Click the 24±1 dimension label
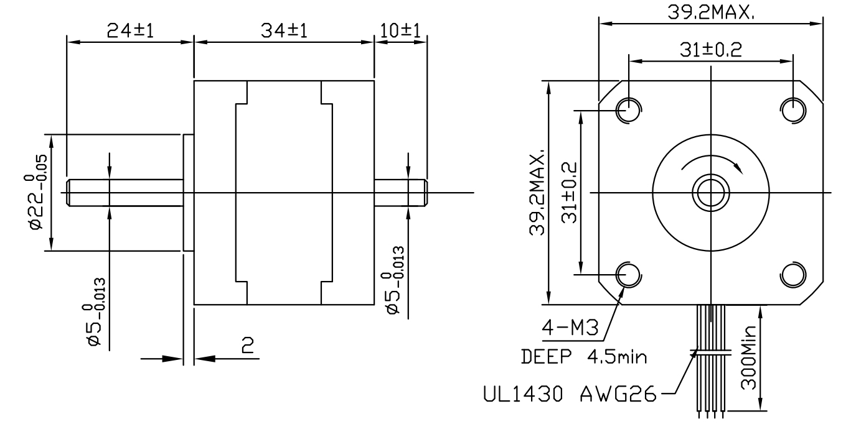pyautogui.click(x=129, y=31)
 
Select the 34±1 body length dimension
pyautogui.click(x=284, y=31)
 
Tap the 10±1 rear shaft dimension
pyautogui.click(x=400, y=31)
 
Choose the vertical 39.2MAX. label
pyautogui.click(x=537, y=193)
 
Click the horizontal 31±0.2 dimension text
pyautogui.click(x=710, y=50)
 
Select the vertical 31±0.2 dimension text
pyautogui.click(x=568, y=193)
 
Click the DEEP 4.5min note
pyautogui.click(x=583, y=358)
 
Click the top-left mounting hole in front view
pyautogui.click(x=628, y=111)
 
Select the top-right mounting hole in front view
pyautogui.click(x=793, y=111)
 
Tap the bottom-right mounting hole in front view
pyautogui.click(x=793, y=274)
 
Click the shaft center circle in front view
pyautogui.click(x=710, y=192)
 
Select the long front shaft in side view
pyautogui.click(x=125, y=192)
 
